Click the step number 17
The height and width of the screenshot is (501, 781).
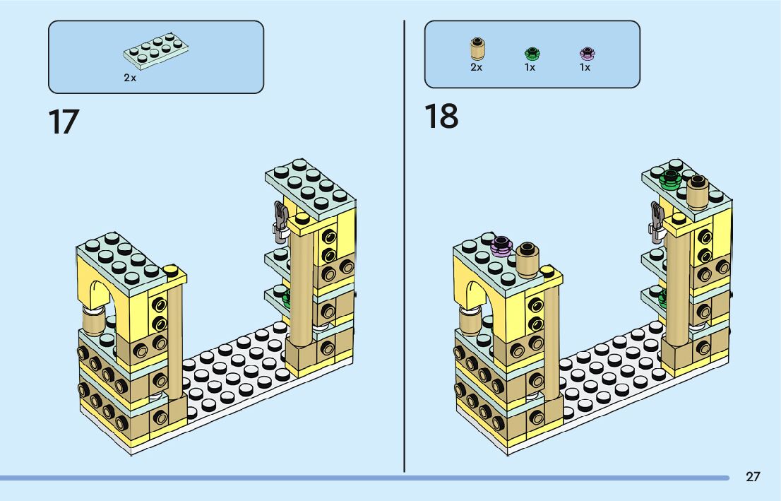[64, 122]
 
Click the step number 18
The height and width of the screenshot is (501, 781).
[441, 117]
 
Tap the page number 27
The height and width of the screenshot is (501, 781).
[753, 477]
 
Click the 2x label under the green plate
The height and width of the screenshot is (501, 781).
[130, 78]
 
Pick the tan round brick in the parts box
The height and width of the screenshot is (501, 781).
[477, 49]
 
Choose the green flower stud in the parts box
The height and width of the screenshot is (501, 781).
[531, 54]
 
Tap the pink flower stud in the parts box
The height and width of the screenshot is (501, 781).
[586, 54]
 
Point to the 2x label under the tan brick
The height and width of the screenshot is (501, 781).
[476, 68]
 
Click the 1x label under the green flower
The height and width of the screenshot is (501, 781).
[530, 68]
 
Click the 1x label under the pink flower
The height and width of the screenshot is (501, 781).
[585, 68]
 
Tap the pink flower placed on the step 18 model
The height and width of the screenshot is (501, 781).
[501, 245]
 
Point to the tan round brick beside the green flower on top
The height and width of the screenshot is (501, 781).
[698, 189]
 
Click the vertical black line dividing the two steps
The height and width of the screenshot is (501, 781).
[404, 247]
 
